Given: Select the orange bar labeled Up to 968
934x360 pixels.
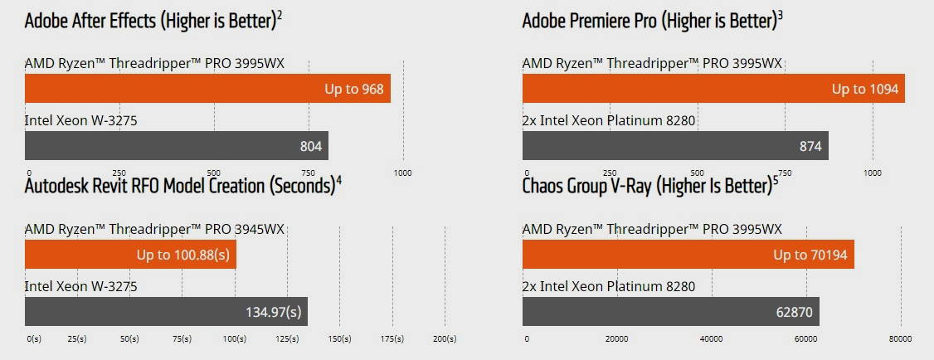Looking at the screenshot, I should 207,89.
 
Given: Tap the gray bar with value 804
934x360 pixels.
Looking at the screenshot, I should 177,146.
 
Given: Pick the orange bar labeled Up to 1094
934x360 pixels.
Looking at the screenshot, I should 713,89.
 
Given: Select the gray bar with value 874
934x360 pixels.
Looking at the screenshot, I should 675,146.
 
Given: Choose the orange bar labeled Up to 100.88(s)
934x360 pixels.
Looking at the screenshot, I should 130,255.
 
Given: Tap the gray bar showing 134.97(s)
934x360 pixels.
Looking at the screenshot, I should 166,312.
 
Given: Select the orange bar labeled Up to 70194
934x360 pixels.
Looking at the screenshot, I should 688,255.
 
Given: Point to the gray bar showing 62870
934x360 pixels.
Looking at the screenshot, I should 670,312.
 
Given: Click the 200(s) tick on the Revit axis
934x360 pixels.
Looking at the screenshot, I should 444,338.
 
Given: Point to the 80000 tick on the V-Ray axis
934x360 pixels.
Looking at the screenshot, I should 900,338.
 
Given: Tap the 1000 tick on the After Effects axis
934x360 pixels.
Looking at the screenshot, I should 402,173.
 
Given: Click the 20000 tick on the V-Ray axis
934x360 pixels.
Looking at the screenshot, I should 616,338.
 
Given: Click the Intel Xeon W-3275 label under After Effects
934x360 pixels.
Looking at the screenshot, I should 80,120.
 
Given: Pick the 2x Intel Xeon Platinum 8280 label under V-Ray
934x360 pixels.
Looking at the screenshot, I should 608,286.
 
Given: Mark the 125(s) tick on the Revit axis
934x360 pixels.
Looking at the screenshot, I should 287,338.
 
